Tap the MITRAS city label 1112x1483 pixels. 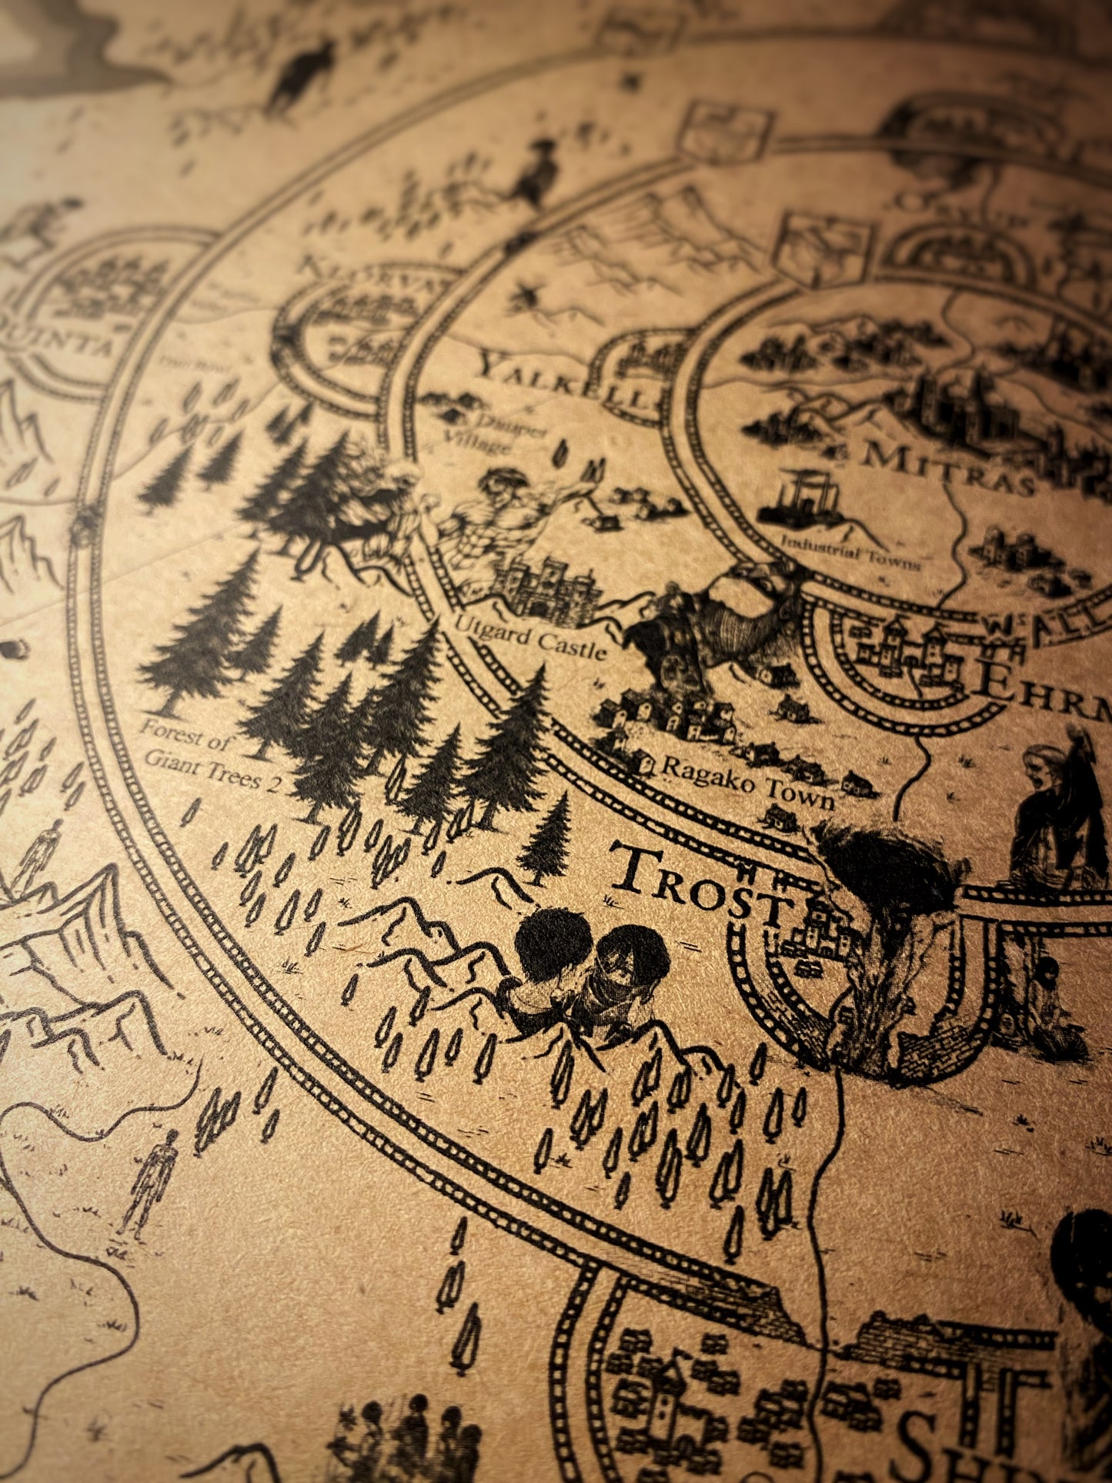(x=947, y=466)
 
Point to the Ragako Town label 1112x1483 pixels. (x=746, y=780)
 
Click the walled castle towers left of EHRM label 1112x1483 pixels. (x=908, y=654)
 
